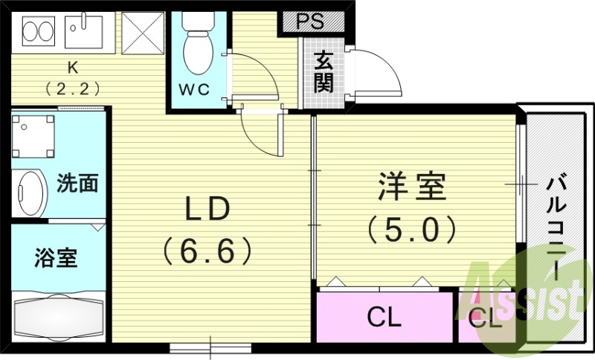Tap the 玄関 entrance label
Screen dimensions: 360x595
tap(323, 71)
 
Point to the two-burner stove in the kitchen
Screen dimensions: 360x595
tap(36, 32)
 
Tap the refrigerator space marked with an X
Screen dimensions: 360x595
tap(141, 33)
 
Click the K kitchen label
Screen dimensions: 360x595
tap(73, 68)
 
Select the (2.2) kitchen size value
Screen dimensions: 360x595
tap(73, 88)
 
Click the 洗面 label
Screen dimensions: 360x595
tap(77, 184)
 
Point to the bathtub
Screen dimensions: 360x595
tap(57, 317)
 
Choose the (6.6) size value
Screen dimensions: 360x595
tap(207, 251)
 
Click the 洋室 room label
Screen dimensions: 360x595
tap(411, 187)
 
